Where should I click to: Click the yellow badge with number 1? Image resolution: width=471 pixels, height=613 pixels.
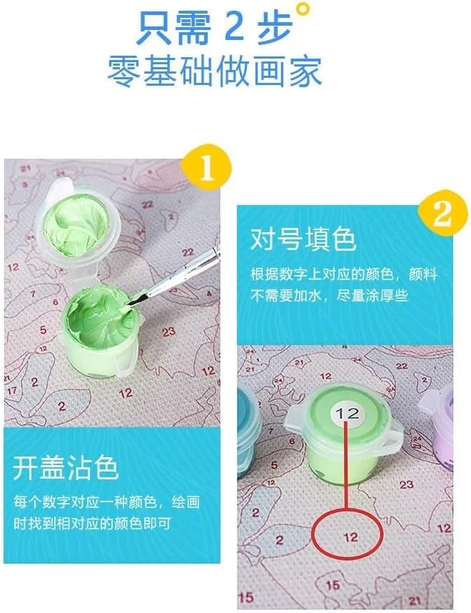click(206, 168)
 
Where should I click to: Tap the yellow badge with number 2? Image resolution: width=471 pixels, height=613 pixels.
click(442, 214)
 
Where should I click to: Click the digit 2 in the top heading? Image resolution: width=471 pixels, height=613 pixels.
click(234, 27)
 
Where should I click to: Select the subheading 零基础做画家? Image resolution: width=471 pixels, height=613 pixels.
click(215, 71)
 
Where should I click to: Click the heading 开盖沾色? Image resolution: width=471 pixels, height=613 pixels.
click(66, 467)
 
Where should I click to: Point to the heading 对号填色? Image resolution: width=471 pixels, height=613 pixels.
click(303, 239)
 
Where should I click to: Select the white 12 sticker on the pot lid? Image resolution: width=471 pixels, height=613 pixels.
click(348, 413)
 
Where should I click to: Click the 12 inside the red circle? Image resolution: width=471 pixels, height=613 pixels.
click(350, 537)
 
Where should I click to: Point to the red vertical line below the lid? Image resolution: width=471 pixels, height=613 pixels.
click(346, 466)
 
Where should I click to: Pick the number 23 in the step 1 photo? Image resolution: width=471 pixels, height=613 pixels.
click(168, 332)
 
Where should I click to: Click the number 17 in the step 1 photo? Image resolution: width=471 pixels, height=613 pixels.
click(11, 390)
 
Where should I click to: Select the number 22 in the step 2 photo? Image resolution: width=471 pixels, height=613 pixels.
click(402, 366)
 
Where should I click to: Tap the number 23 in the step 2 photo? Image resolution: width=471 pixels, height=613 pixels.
click(406, 485)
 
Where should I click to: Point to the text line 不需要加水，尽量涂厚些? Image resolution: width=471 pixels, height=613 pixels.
click(329, 296)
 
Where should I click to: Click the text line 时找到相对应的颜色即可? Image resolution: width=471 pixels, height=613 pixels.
click(92, 524)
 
